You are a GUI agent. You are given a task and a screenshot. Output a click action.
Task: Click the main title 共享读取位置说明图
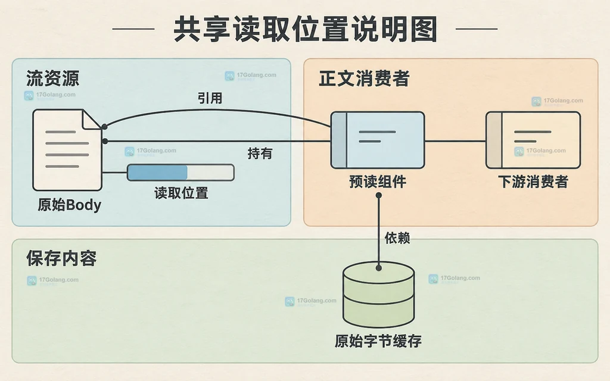[x=306, y=29]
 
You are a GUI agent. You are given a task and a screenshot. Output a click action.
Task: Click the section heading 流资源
[x=53, y=78]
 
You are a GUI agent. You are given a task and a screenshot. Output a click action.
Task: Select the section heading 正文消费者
[x=364, y=78]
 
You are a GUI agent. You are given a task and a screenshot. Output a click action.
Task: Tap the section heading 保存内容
[x=61, y=258]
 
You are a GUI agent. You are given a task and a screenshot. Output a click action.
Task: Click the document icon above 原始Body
[x=67, y=150]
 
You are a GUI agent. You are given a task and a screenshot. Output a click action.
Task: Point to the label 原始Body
[x=69, y=205]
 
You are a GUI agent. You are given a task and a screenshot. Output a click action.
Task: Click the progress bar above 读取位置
[x=180, y=173]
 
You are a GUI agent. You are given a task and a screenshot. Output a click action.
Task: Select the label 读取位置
[x=181, y=193]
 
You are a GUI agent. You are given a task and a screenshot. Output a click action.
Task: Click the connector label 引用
[x=210, y=98]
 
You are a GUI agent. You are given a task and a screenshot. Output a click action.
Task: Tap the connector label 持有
[x=260, y=153]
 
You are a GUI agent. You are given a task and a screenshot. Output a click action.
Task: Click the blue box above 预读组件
[x=377, y=140]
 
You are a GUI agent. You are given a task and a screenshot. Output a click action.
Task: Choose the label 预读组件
[x=378, y=182]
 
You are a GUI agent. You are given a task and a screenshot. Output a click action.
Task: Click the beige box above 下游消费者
[x=533, y=140]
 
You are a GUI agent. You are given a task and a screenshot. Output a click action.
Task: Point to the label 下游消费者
[x=533, y=182]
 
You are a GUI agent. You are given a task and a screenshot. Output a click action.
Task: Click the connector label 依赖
[x=397, y=238]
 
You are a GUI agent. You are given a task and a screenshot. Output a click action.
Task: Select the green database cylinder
[x=378, y=294]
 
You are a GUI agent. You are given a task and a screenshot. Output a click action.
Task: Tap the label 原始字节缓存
[x=378, y=341]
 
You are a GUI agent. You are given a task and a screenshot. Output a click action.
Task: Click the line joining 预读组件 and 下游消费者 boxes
[x=455, y=141]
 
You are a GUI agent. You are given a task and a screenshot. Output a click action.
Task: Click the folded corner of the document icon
[x=92, y=119]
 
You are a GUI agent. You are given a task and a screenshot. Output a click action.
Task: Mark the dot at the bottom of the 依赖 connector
[x=378, y=268]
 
